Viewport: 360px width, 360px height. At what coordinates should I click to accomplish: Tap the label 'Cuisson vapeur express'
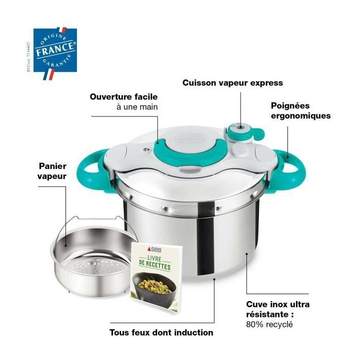pyautogui.click(x=232, y=83)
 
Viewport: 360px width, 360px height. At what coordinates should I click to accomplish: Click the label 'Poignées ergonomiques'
pyautogui.click(x=300, y=110)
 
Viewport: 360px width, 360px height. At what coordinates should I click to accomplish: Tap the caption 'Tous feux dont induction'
pyautogui.click(x=161, y=332)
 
